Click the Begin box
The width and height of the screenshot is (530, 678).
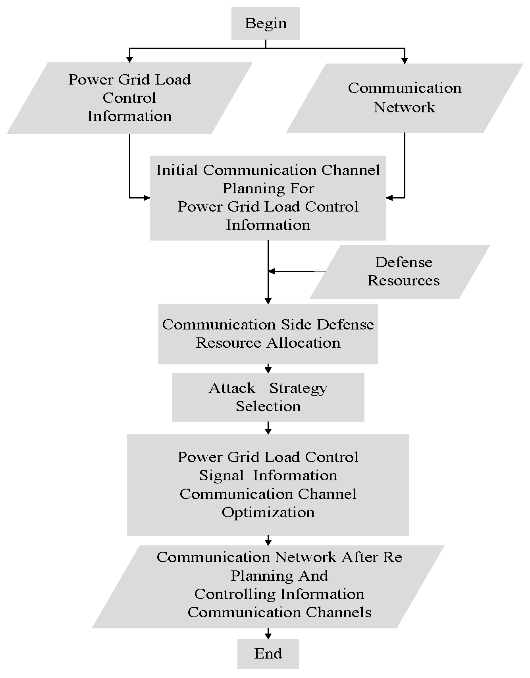[x=266, y=23]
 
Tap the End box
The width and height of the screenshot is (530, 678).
[x=268, y=653]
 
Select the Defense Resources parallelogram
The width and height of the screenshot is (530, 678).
[x=400, y=272]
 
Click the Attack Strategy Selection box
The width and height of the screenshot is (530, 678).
[x=268, y=397]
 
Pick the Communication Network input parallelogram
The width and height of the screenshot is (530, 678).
[x=405, y=98]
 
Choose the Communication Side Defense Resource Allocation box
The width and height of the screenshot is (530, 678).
[x=268, y=334]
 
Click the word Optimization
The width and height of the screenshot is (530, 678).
[x=268, y=512]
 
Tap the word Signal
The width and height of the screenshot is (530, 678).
[x=222, y=476]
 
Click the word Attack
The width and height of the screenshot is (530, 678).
[x=232, y=388]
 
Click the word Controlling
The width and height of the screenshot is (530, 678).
[x=235, y=594]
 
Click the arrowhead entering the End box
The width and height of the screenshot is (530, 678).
[x=268, y=636]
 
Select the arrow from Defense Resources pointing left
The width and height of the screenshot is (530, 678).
[x=297, y=272]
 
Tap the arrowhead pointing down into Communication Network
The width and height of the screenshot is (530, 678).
[x=405, y=60]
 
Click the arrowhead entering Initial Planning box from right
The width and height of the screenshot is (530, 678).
[x=389, y=197]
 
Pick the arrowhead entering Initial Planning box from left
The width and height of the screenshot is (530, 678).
[x=147, y=197]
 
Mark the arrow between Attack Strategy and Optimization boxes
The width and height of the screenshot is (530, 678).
[x=268, y=428]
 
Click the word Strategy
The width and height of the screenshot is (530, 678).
[x=298, y=388]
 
